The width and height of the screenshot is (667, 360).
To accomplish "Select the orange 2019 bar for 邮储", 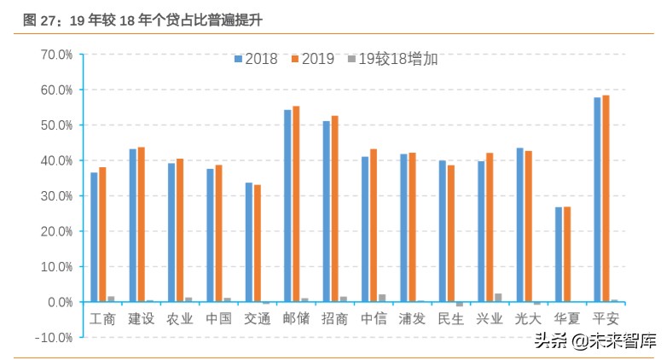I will click(x=296, y=204).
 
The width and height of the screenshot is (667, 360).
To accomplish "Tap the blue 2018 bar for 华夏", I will click(x=559, y=254).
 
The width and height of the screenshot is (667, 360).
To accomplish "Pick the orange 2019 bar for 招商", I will click(x=334, y=209).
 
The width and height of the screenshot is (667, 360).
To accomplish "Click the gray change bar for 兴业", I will click(x=498, y=298).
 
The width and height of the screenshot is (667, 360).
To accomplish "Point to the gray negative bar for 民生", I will click(x=459, y=305).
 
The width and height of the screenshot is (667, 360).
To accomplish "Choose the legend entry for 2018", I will click(x=255, y=59).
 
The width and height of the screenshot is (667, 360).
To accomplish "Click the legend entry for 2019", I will click(x=311, y=59).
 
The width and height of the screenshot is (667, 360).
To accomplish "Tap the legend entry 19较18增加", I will click(x=391, y=59).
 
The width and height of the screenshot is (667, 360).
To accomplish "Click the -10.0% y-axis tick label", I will click(x=55, y=338).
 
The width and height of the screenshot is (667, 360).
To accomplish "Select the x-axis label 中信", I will click(x=374, y=319).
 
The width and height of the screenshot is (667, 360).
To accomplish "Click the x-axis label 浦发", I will click(x=412, y=319).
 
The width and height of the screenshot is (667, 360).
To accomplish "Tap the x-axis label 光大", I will click(x=528, y=319).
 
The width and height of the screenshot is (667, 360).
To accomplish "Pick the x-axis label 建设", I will click(x=142, y=319).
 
